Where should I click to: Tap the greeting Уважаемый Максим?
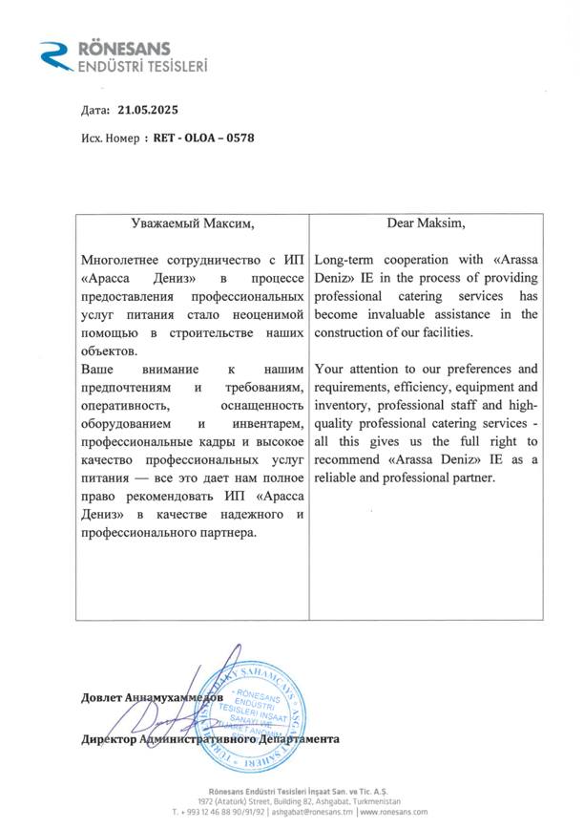click(x=193, y=224)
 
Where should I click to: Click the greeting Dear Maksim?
click(x=427, y=224)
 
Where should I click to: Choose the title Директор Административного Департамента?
click(x=210, y=739)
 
